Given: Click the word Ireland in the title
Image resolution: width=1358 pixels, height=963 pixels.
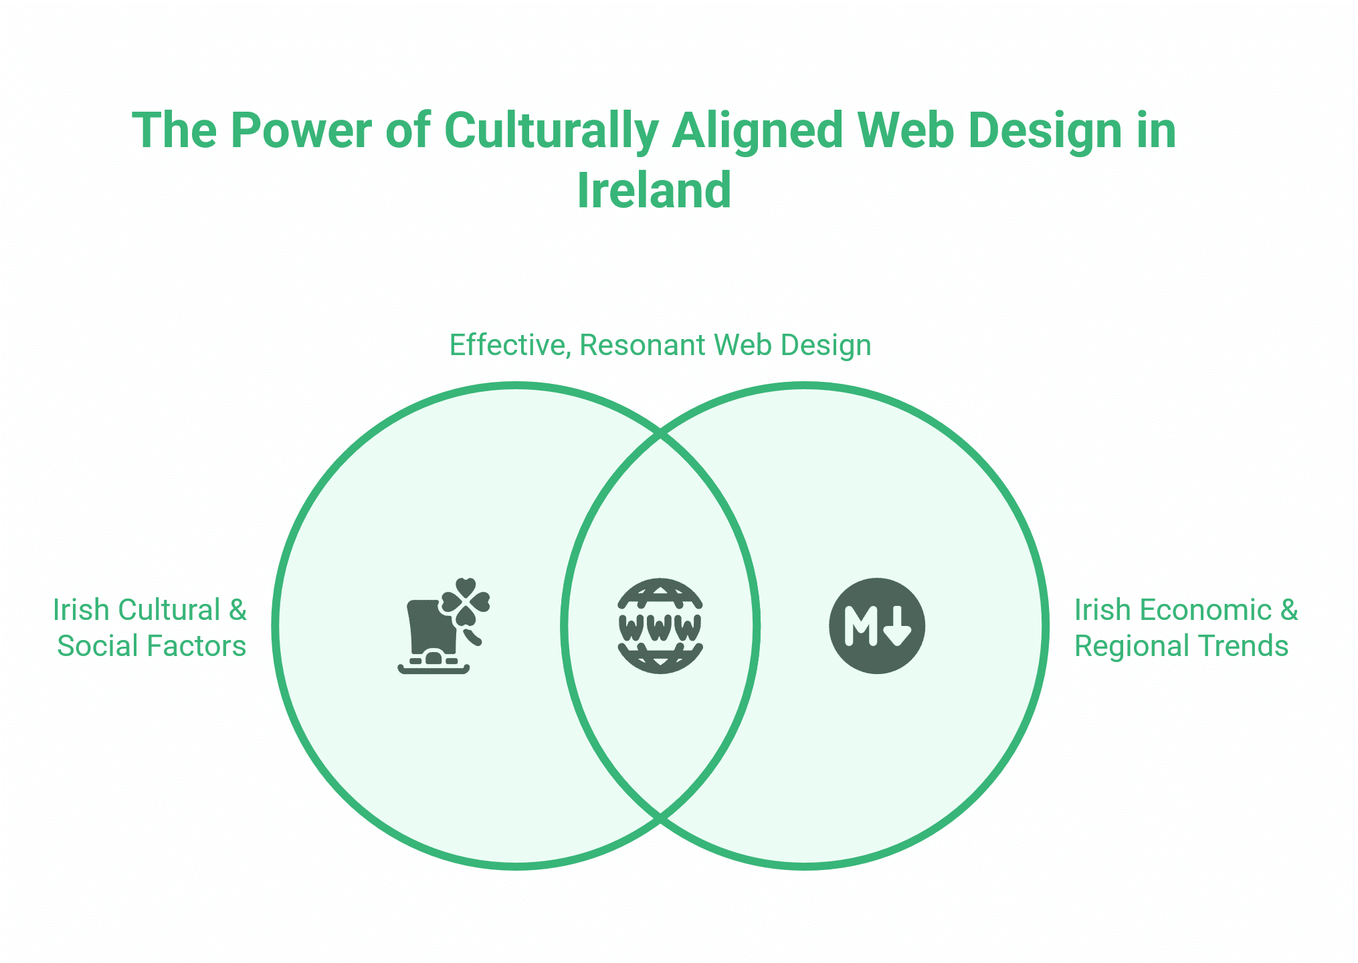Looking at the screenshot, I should [x=654, y=191].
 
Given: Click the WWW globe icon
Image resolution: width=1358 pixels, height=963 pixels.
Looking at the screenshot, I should [x=660, y=626].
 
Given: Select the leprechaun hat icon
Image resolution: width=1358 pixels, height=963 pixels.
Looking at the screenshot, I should [x=431, y=639].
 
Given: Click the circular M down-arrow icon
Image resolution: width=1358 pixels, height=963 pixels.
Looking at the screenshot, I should [x=876, y=626].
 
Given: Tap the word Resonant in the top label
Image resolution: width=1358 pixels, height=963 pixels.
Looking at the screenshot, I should [x=642, y=345].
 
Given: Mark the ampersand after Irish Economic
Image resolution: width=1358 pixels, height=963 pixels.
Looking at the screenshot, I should [x=1288, y=610].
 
